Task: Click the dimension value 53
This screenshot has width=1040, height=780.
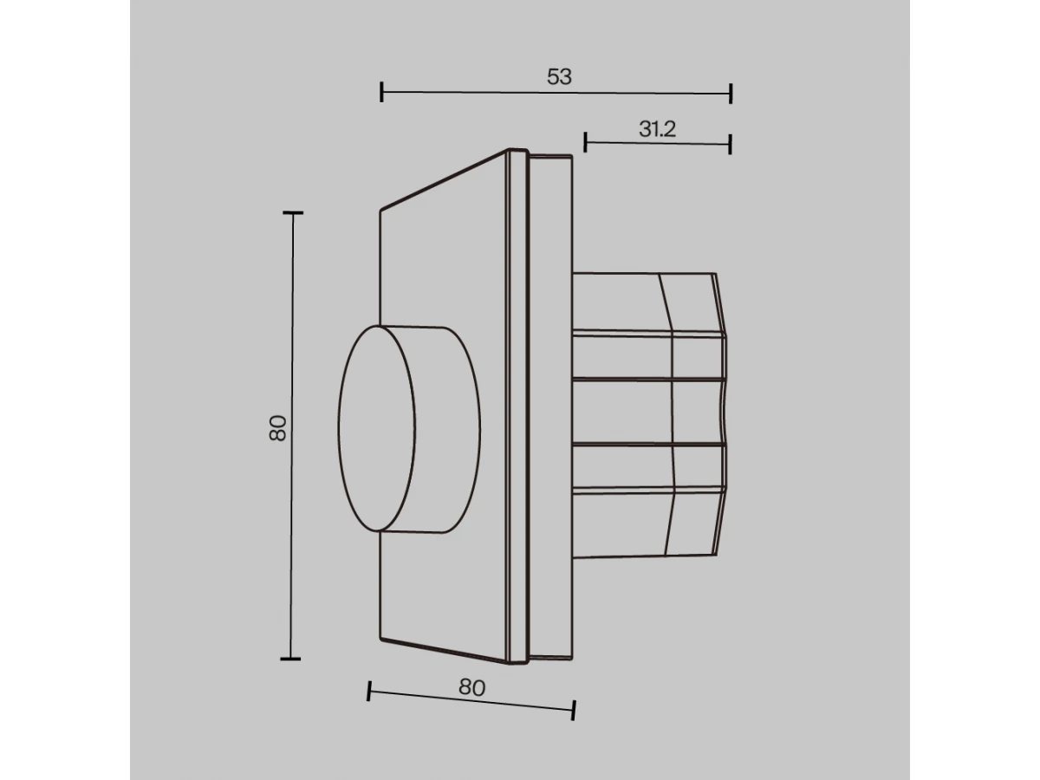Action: pos(559,77)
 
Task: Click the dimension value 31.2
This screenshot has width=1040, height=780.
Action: pos(657,129)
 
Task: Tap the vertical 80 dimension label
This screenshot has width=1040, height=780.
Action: pos(277,428)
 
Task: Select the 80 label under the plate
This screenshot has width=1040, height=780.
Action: pos(472,687)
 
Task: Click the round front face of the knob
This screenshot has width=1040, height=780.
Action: pos(377,428)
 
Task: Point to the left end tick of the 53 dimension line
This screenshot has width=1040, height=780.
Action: pos(381,92)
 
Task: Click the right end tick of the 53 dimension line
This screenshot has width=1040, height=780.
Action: pos(731,94)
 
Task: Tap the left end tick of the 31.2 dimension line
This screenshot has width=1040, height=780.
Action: pos(586,142)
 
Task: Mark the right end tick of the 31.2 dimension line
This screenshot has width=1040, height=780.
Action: pos(730,144)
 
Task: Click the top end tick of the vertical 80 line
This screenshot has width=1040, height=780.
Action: pos(293,213)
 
